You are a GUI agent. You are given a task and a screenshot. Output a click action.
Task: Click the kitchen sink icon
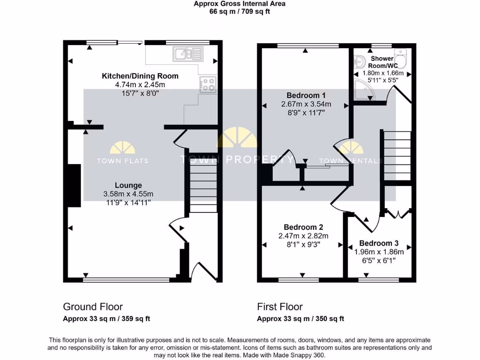[187, 54]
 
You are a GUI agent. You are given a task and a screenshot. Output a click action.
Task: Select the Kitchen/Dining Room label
[140, 76]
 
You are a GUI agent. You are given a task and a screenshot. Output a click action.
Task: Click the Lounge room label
[128, 185]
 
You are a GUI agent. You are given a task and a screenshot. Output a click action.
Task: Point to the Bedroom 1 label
[303, 95]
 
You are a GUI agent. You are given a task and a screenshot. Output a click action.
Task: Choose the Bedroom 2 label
[303, 227]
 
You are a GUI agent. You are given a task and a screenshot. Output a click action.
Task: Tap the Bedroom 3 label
[379, 243]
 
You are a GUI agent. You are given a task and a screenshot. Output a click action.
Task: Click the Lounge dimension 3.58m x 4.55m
[128, 194]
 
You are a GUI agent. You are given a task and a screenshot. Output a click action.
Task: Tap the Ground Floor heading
[93, 307]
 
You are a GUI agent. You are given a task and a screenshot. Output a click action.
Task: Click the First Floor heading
[280, 307]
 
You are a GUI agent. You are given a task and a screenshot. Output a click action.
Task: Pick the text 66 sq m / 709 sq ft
[240, 11]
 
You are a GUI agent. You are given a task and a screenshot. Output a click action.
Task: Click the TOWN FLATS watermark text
[122, 161]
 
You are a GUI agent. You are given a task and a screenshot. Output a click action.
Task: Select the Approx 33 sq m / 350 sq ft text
[300, 319]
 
